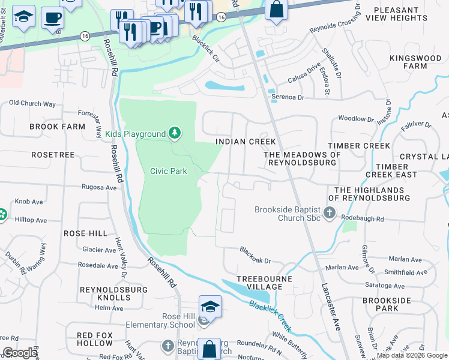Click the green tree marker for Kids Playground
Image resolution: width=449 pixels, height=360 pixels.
(174, 133)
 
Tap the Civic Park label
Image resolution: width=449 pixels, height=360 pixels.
(168, 171)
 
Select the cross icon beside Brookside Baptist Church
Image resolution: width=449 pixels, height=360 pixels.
(329, 212)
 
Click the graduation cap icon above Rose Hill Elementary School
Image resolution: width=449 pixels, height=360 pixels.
(210, 307)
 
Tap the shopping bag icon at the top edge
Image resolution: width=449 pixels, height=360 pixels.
(276, 10)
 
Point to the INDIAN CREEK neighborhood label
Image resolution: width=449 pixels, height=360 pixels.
(246, 142)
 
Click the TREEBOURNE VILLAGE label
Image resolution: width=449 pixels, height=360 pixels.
(264, 283)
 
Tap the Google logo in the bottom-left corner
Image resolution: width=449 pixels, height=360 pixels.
(20, 353)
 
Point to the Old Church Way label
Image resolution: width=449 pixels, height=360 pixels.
(32, 104)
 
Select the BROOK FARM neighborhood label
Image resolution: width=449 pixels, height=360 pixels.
(58, 127)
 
